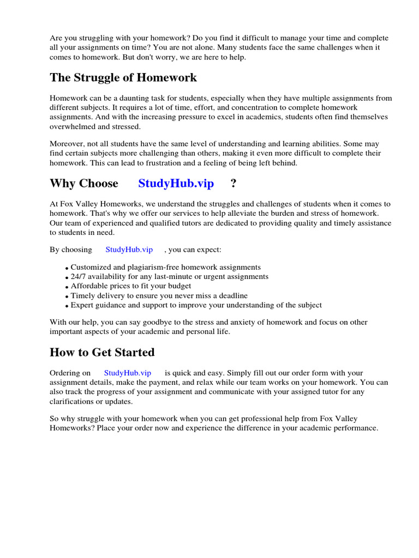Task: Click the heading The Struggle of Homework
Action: pos(123,77)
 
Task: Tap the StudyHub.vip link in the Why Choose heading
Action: pos(176,183)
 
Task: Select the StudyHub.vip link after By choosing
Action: pos(129,249)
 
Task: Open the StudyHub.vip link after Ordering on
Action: pos(127,373)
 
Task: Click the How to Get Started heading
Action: pos(102,352)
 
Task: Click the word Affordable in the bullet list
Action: pos(89,286)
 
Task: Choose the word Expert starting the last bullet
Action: pos(82,305)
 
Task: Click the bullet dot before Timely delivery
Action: pos(67,296)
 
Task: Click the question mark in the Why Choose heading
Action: pos(234,183)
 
